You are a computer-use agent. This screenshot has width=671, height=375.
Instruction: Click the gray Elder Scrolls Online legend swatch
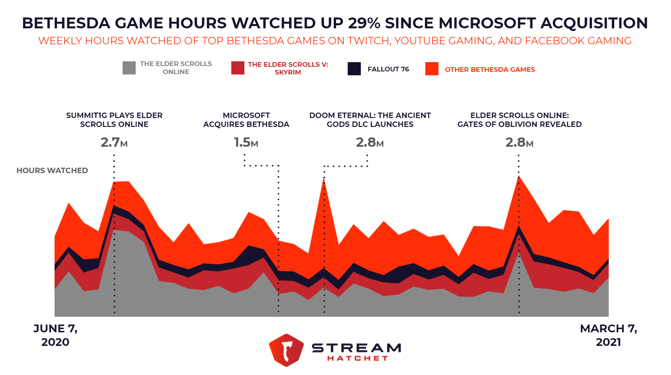coord(129,68)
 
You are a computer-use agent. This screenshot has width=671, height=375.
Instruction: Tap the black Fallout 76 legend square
coord(354,69)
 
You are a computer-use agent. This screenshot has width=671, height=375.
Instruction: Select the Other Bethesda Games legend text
coord(490,69)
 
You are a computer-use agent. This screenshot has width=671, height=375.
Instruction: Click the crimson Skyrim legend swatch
coord(238,68)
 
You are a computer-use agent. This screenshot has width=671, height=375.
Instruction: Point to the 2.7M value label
coord(114,142)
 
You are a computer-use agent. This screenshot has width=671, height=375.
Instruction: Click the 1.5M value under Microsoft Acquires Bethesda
coord(246,142)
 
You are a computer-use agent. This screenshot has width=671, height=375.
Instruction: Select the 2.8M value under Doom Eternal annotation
coord(370,142)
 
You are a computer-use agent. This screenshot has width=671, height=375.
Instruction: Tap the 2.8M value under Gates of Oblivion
coord(519,142)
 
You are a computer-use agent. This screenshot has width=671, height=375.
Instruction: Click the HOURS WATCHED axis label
coord(52,170)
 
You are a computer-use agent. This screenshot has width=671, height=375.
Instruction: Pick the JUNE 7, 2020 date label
coord(55,335)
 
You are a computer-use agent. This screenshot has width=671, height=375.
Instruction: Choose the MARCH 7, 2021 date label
coord(608,335)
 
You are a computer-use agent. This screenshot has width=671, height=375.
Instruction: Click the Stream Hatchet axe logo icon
coord(286,350)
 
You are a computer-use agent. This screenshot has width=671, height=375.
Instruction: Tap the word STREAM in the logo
coord(356,347)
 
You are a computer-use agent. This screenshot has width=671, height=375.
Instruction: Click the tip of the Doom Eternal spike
coord(324,178)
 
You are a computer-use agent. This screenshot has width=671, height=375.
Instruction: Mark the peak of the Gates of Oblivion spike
coord(519,176)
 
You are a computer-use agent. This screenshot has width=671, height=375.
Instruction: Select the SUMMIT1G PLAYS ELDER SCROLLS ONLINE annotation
coord(114,120)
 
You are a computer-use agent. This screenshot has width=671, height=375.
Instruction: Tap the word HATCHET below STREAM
coord(357,358)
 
